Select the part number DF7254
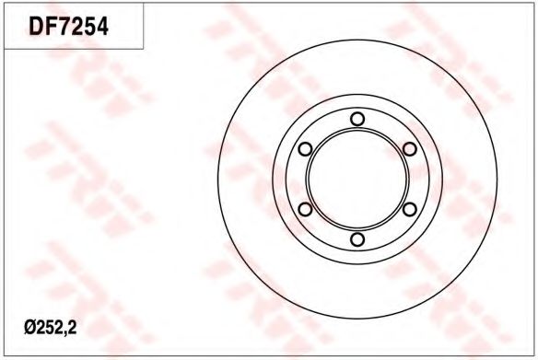(68, 27)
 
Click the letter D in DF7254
(36, 27)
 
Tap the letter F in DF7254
(51, 27)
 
